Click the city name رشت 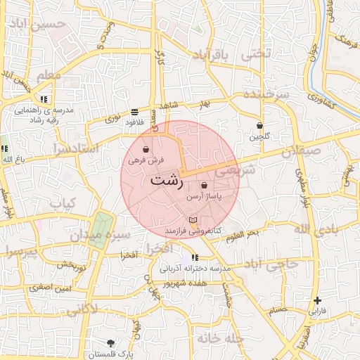point(167,180)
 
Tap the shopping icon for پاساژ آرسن point(204,186)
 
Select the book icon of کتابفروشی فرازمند point(193,221)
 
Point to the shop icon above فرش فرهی point(146,150)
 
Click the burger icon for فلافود point(134,112)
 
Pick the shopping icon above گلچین point(259,126)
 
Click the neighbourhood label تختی point(255,54)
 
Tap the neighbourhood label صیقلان point(302,151)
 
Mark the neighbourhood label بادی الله point(310,229)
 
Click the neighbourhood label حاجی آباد point(270,263)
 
